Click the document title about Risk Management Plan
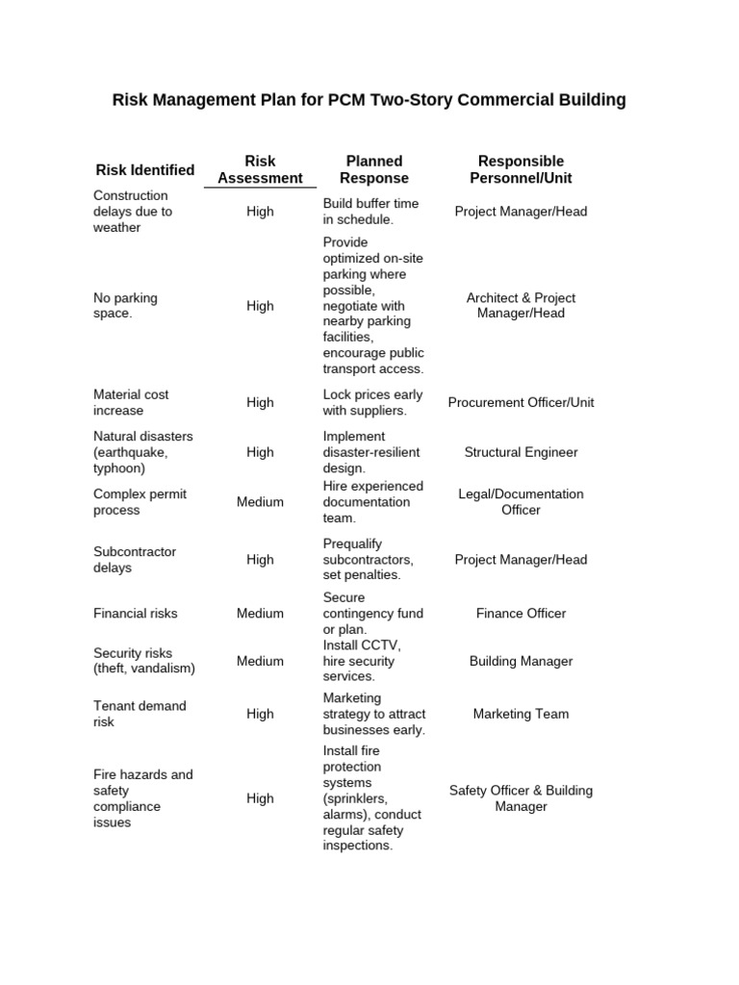click(x=369, y=100)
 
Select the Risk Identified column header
click(x=145, y=170)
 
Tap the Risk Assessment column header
click(x=260, y=169)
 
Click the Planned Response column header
click(x=374, y=169)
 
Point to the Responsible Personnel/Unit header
click(x=521, y=169)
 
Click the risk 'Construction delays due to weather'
click(x=133, y=212)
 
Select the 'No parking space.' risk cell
click(x=125, y=306)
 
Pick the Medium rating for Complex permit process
click(x=260, y=502)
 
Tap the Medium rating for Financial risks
click(x=260, y=614)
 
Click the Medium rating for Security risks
click(x=260, y=662)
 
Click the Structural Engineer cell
click(x=521, y=452)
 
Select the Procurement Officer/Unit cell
click(x=521, y=403)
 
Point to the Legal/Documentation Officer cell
click(x=521, y=502)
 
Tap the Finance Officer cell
click(x=521, y=614)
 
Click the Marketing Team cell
click(x=521, y=715)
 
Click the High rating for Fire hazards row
click(x=260, y=798)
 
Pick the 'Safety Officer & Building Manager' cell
click(x=521, y=798)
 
